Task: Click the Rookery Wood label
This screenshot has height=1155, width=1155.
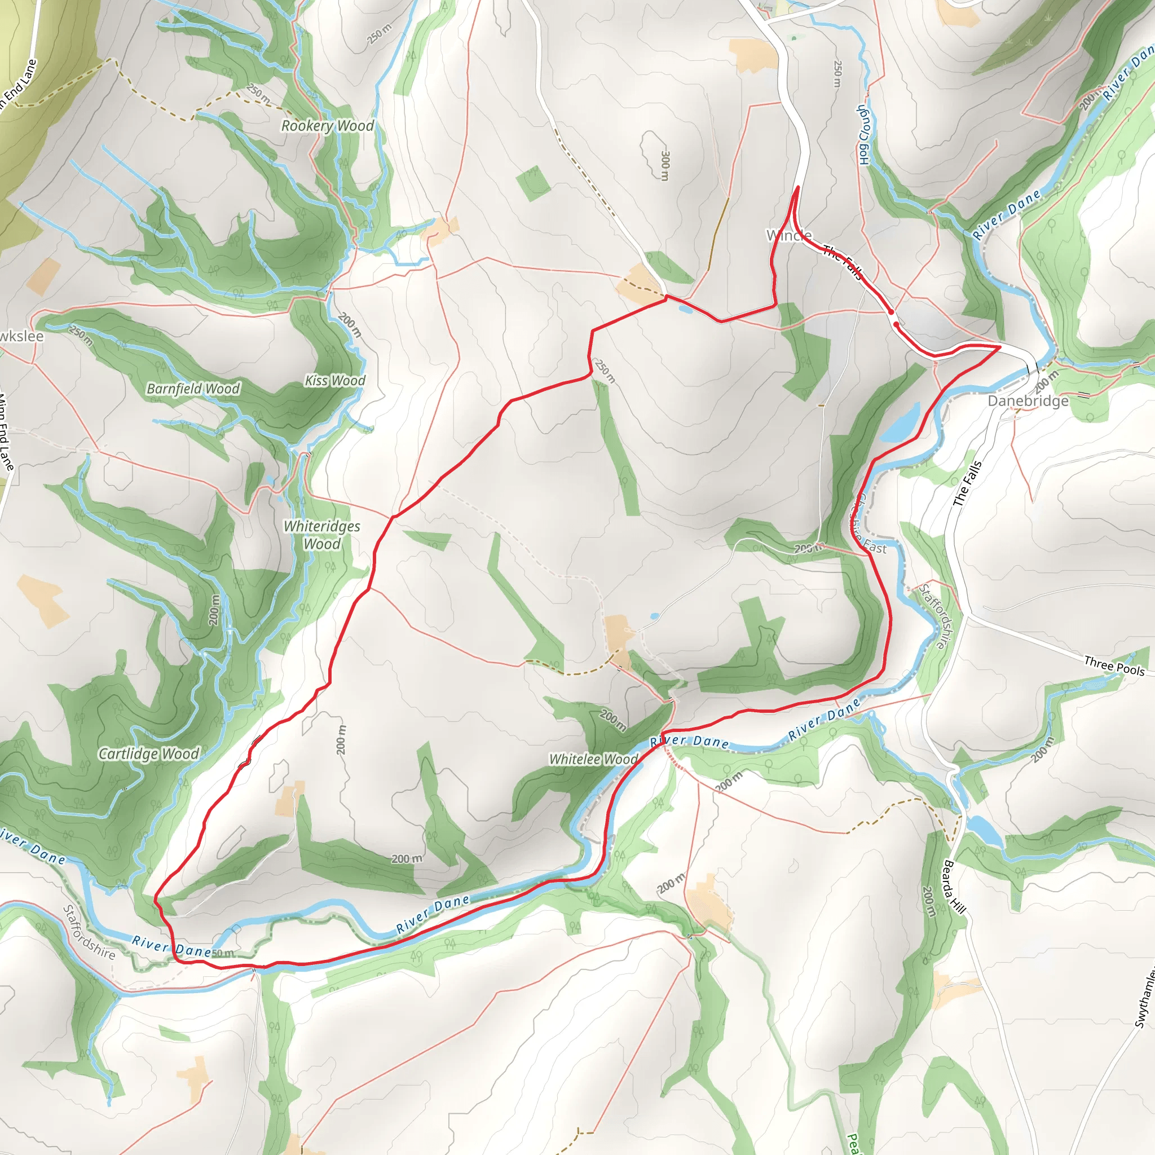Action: point(327,126)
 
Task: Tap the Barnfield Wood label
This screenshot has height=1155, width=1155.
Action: point(193,389)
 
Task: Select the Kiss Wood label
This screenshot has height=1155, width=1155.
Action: point(335,380)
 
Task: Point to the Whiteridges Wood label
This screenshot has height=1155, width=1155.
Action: point(321,535)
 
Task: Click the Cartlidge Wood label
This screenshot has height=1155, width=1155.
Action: point(148,753)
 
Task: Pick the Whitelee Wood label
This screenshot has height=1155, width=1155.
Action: point(594,759)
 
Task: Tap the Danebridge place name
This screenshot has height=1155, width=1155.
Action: point(1028,400)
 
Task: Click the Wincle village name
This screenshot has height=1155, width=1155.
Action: point(788,235)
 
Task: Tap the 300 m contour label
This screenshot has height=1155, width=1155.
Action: point(665,165)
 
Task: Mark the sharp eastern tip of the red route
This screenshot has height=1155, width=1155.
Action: point(1000,346)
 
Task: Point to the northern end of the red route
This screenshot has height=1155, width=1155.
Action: point(797,188)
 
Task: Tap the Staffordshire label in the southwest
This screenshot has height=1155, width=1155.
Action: point(89,932)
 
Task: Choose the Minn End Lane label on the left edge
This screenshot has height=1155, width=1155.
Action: point(6,430)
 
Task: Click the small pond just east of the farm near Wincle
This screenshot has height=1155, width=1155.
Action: point(685,309)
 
